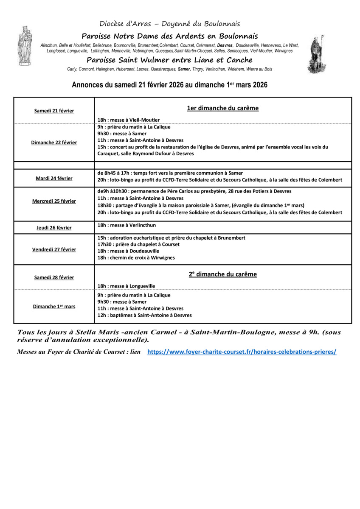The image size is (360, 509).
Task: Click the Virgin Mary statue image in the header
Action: tap(24, 45)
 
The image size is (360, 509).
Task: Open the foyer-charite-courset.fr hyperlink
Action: tap(242, 352)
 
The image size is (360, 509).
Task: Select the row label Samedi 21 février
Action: tap(54, 111)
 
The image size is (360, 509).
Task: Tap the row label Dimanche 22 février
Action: tap(54, 143)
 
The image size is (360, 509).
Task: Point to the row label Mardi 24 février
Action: tap(54, 178)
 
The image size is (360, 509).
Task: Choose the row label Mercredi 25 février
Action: tap(54, 201)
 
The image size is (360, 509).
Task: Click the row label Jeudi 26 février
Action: tap(54, 228)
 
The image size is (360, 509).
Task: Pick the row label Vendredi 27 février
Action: tap(54, 249)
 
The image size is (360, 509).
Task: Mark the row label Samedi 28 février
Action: tap(54, 277)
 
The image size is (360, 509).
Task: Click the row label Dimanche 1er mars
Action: tap(54, 306)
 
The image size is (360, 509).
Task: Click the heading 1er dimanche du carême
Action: tap(223, 108)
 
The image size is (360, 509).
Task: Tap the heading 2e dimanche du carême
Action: tap(223, 274)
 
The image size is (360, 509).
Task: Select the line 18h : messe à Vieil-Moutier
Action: tap(129, 120)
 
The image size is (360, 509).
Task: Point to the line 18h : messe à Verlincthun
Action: tap(127, 225)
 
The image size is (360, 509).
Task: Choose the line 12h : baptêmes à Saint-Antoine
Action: tap(144, 315)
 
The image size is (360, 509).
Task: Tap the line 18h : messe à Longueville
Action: tap(126, 286)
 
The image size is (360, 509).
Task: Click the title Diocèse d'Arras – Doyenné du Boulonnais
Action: tap(170, 24)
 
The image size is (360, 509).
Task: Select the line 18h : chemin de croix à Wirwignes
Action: tap(136, 257)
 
